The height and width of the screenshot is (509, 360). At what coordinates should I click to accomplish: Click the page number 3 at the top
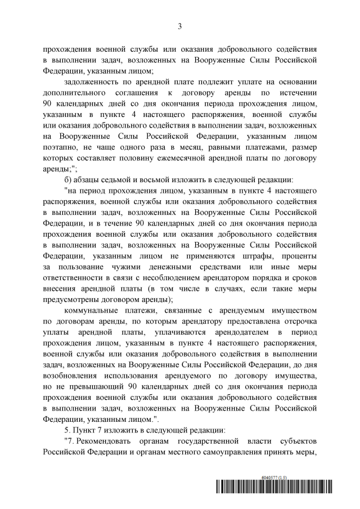coord(179,26)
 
